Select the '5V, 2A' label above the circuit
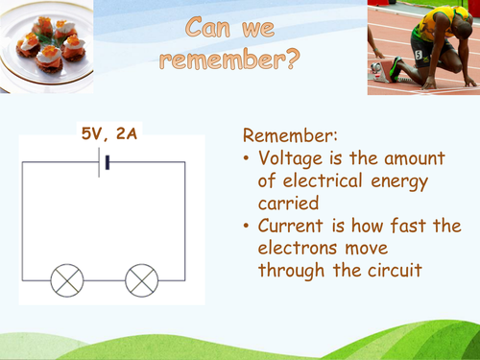coord(108,133)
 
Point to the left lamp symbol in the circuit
coord(68,279)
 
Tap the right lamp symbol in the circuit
coord(141,279)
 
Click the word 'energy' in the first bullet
coord(401,180)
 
